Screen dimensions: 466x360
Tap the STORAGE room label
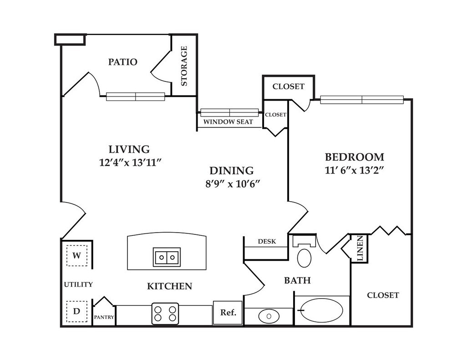[184, 66]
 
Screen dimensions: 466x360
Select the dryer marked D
[76, 311]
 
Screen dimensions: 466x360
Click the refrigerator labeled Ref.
[228, 312]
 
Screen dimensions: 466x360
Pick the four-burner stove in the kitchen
[165, 314]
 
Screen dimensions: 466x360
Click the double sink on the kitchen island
[167, 257]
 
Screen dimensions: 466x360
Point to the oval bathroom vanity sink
[268, 316]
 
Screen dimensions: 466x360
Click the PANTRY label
[104, 317]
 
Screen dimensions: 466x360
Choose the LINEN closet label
[360, 248]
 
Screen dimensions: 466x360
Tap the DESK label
[267, 241]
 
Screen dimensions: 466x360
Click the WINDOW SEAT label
[228, 122]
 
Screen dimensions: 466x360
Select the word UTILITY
[78, 284]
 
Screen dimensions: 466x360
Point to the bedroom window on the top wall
[362, 100]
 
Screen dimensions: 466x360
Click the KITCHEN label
[170, 286]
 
